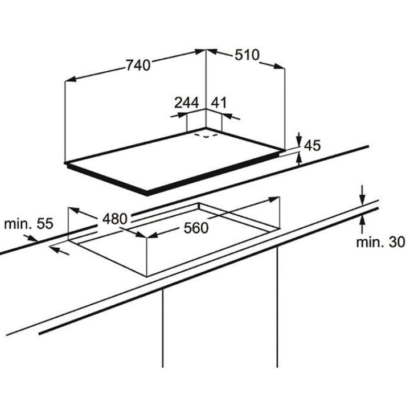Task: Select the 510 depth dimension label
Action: click(x=247, y=55)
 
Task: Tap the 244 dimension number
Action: click(x=186, y=103)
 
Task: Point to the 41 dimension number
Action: click(x=219, y=103)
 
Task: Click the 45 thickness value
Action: click(x=313, y=145)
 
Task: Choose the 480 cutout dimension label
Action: click(x=115, y=219)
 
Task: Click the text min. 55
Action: click(x=28, y=224)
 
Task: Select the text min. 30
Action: click(x=381, y=243)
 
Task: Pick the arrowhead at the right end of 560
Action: click(x=276, y=199)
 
